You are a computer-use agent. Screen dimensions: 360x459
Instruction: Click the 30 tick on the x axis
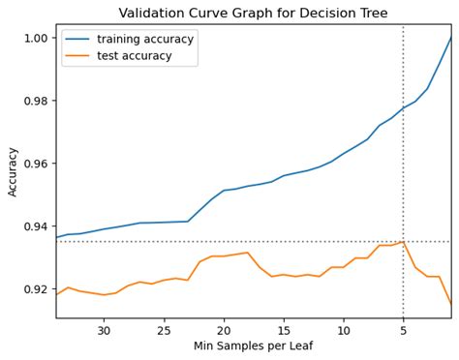[x=104, y=330]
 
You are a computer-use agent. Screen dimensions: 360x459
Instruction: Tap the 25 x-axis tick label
[x=164, y=330]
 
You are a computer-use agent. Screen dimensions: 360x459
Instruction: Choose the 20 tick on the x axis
[x=224, y=330]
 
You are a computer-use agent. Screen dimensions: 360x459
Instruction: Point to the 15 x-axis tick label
[x=284, y=330]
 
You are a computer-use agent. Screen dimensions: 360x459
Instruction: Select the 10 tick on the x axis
[x=344, y=330]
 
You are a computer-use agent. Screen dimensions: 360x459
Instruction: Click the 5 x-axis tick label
[x=404, y=330]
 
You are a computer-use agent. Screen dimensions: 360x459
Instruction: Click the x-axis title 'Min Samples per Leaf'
[x=253, y=346]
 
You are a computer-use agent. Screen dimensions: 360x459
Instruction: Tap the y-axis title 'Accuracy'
[x=13, y=171]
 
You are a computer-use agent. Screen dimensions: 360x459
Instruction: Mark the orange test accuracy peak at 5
[x=403, y=242]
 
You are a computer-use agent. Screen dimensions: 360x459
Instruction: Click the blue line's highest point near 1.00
[x=451, y=38]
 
